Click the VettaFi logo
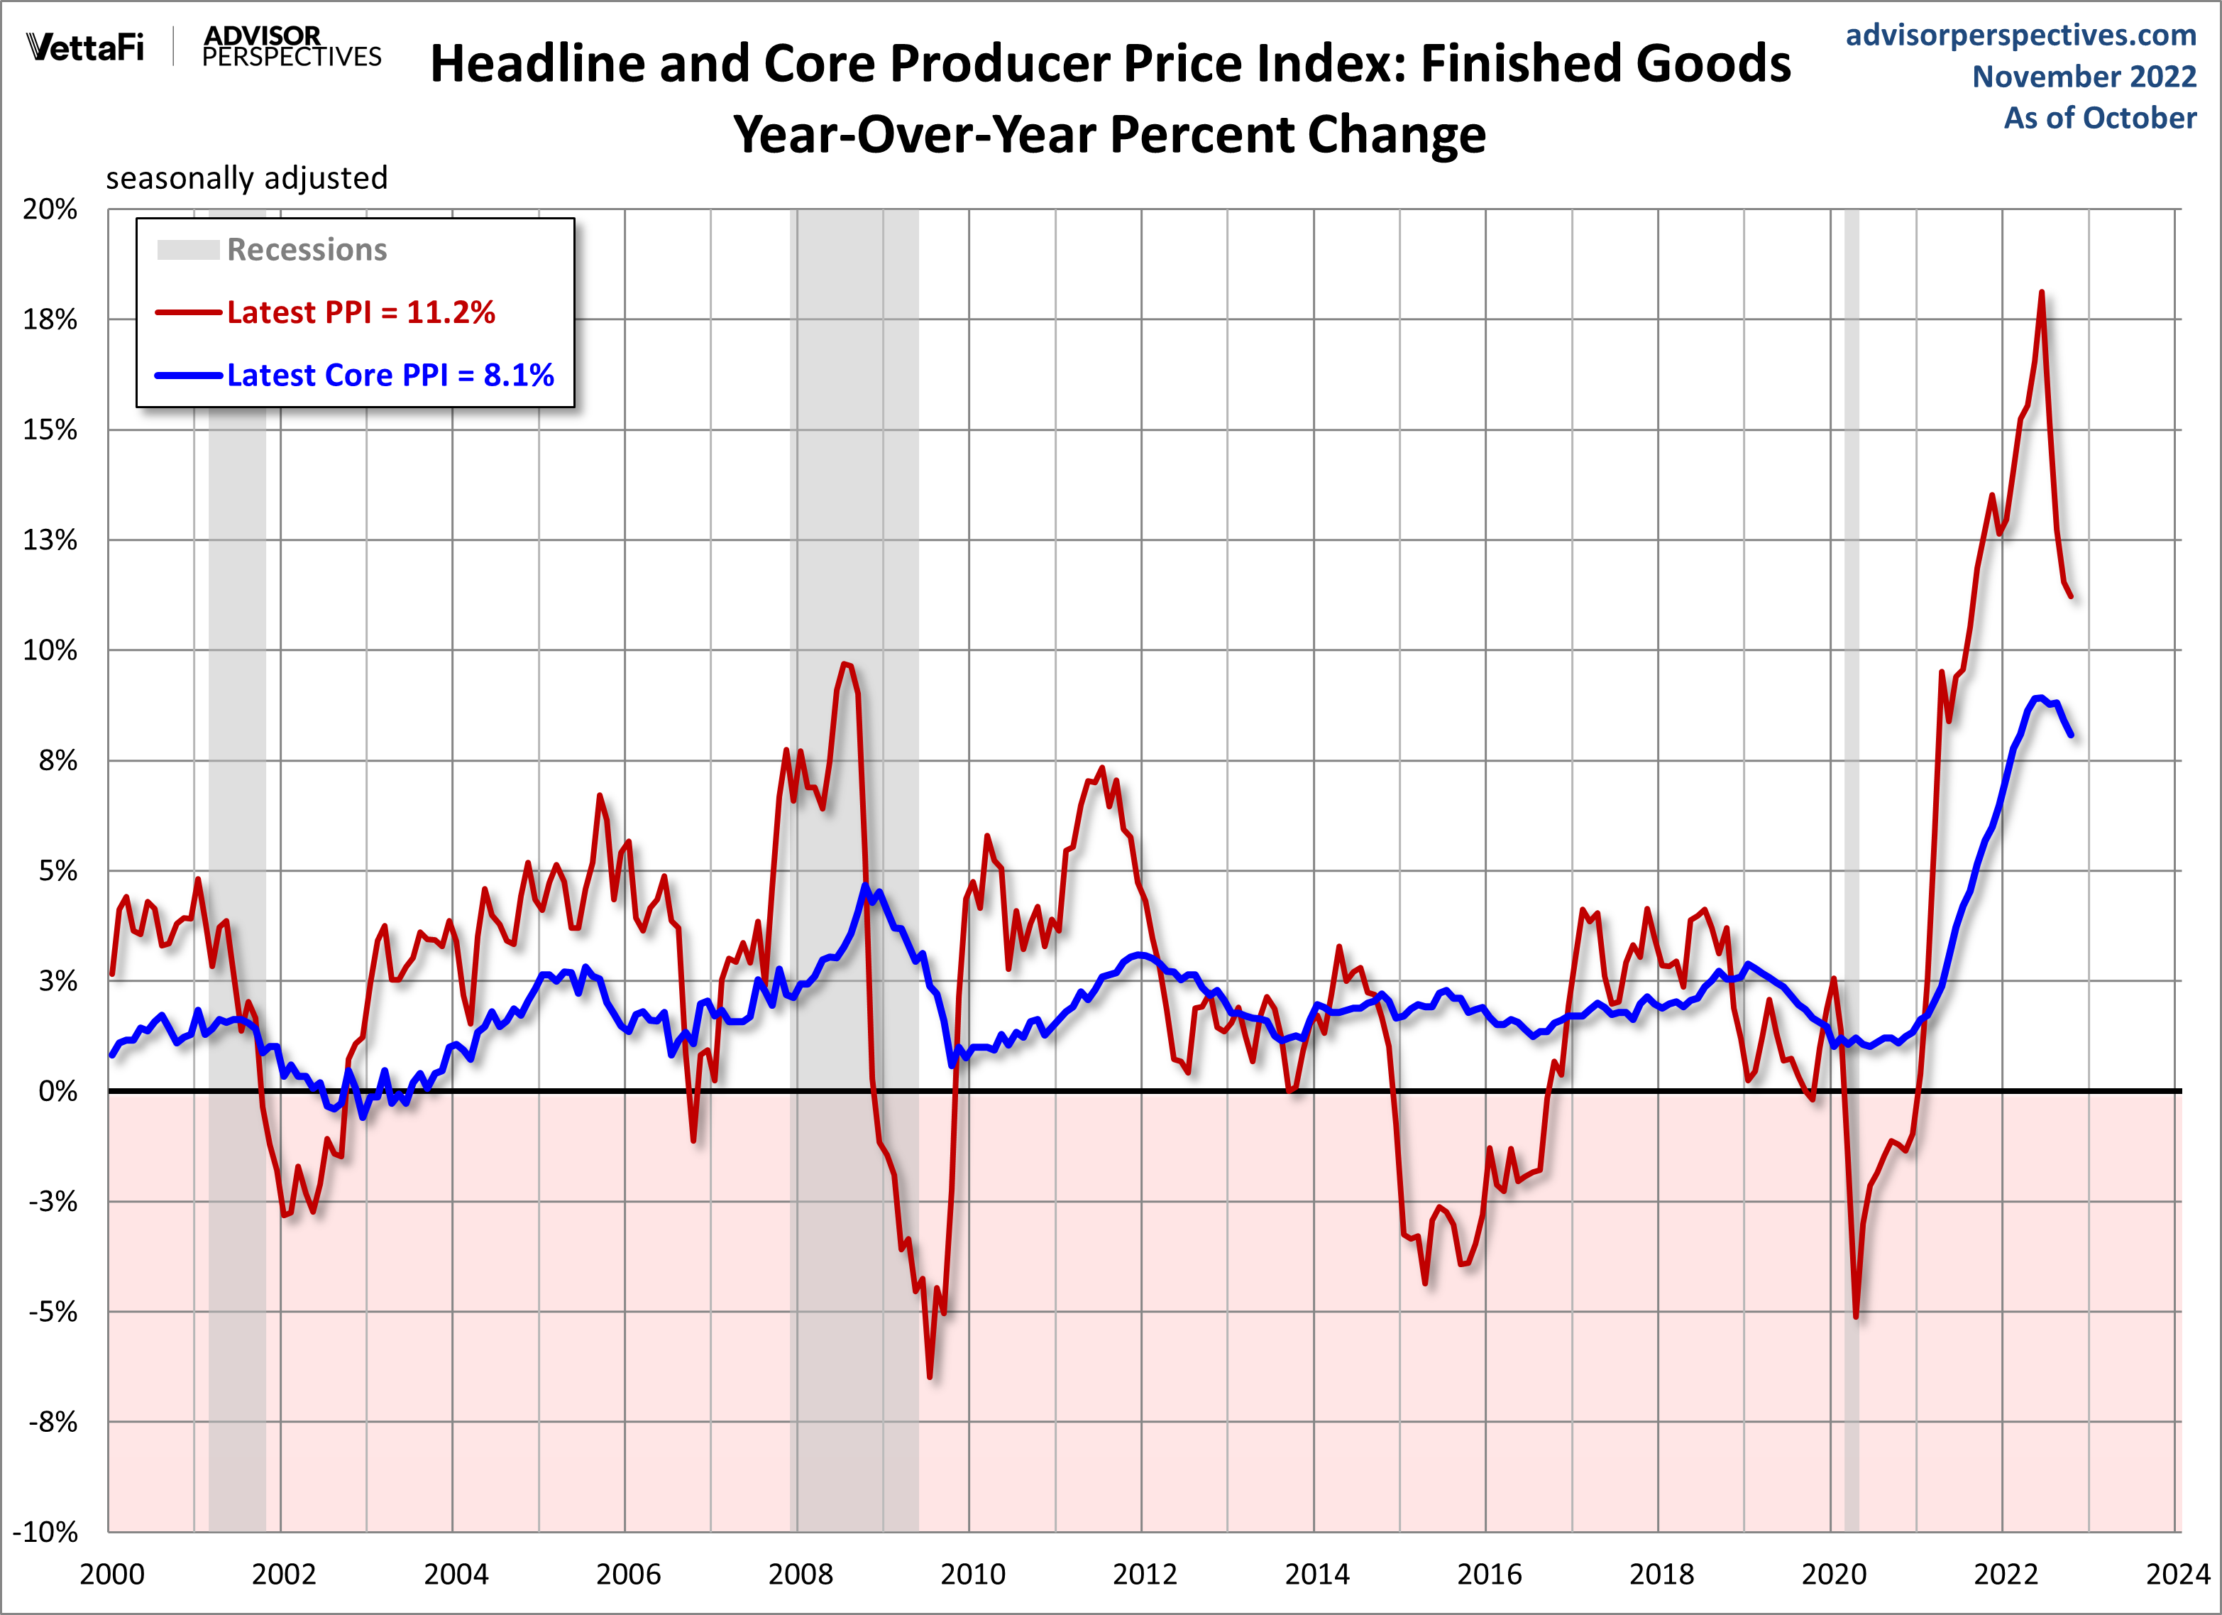86,47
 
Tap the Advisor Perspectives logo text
291,47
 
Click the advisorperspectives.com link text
2020,35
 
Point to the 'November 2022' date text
2084,77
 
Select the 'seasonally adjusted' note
247,178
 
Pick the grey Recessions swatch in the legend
188,250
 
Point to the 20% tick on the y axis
50,209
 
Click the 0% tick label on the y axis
57,1090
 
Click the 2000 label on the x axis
111,1574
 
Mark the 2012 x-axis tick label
1144,1574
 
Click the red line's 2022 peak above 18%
2042,292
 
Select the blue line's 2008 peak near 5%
865,886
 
